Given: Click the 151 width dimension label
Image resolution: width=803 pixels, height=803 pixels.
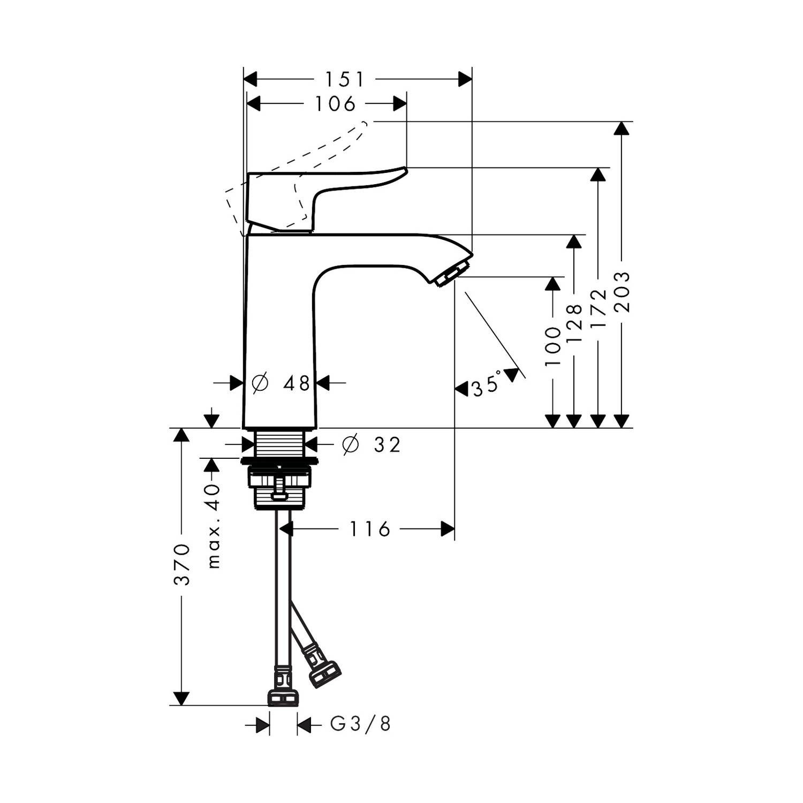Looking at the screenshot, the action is [x=344, y=80].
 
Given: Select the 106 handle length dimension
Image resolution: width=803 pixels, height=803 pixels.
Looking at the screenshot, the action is [x=335, y=104].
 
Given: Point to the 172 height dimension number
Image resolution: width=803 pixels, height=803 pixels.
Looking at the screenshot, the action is [x=599, y=309].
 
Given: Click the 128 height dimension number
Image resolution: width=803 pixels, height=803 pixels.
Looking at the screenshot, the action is [x=573, y=324].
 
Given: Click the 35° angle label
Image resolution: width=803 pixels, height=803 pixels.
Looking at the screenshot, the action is [x=487, y=383].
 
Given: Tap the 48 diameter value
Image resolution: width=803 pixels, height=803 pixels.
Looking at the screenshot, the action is [x=297, y=383].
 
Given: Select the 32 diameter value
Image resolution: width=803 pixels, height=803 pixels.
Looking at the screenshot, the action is [x=387, y=444].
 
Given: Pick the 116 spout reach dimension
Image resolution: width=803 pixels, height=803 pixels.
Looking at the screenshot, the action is [x=370, y=529].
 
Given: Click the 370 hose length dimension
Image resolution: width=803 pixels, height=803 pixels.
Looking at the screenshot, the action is [x=182, y=564].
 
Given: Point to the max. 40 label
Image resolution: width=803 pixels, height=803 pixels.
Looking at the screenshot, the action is [x=214, y=526].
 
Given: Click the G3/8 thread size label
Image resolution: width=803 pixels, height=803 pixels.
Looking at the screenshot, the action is [x=360, y=724].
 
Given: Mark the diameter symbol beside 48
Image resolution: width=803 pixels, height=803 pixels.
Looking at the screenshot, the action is [x=260, y=383].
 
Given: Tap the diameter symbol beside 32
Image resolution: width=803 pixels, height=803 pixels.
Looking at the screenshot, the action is [x=350, y=444].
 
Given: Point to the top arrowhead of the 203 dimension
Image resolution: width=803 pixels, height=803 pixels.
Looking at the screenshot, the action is [x=621, y=128].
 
